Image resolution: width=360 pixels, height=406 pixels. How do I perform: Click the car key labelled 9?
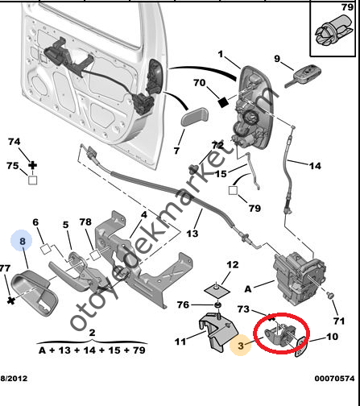[303, 76]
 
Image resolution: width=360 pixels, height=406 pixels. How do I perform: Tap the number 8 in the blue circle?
[22, 241]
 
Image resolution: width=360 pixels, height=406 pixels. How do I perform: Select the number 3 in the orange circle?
[241, 346]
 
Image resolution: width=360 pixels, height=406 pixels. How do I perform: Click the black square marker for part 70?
[222, 102]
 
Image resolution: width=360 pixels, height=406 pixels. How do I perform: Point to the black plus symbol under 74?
[33, 165]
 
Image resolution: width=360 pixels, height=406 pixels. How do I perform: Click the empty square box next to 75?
[33, 180]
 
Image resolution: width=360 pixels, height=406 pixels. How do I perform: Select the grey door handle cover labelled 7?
[195, 117]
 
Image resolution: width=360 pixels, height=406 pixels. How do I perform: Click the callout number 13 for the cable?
[192, 234]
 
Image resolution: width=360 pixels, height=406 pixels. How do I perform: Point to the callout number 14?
[315, 166]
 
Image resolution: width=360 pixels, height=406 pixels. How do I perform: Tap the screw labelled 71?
[330, 296]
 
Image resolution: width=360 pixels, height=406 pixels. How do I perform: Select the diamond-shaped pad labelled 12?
[217, 290]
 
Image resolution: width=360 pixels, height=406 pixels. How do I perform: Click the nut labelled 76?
[217, 304]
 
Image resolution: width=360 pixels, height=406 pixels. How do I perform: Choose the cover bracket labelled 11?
[218, 332]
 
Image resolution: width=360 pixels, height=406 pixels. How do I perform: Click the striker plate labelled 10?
[300, 346]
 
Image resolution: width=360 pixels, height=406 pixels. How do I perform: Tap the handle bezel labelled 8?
[35, 293]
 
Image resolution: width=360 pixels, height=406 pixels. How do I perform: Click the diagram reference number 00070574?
[334, 379]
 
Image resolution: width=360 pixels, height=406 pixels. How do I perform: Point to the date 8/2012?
[14, 379]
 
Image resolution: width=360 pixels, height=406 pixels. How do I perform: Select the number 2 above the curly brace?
[92, 333]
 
